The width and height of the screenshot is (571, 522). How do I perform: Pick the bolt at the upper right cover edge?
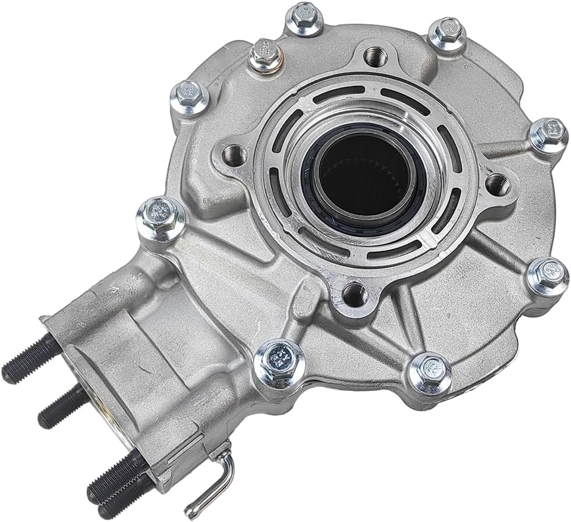tap(447, 36)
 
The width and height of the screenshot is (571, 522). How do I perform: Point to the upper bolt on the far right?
tap(548, 135)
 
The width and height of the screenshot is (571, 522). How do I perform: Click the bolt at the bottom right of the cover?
tap(430, 373)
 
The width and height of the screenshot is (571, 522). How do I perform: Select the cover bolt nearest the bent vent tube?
tap(279, 360)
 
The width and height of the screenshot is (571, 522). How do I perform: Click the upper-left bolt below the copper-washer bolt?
tap(189, 98)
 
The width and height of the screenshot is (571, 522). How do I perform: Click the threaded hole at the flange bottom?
tap(354, 295)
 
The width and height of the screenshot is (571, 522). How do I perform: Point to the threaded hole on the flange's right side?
tap(497, 182)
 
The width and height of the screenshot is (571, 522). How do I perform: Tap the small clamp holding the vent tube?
tap(220, 454)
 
